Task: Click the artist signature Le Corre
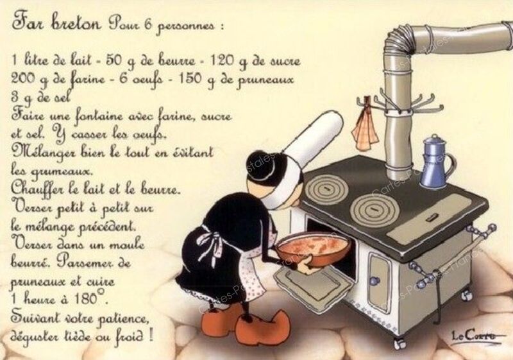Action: [473, 336]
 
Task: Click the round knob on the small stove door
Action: [374, 280]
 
